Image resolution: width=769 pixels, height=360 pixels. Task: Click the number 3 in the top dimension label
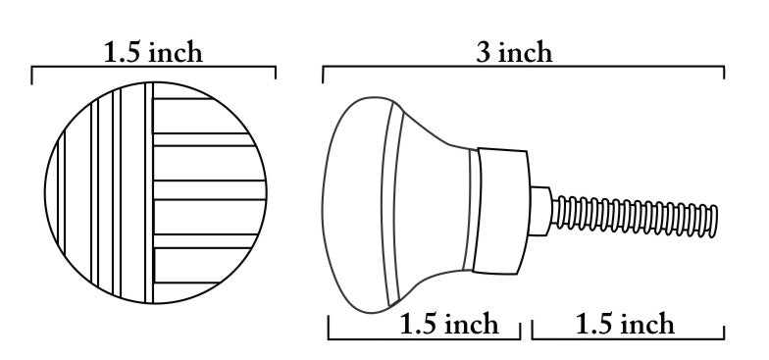click(x=484, y=53)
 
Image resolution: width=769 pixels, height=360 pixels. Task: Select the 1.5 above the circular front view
click(x=123, y=53)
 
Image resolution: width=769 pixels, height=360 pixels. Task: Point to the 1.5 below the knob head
click(x=418, y=324)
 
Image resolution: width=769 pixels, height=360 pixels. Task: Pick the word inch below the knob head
click(x=471, y=324)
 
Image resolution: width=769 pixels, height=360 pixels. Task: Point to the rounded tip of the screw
click(x=714, y=222)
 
